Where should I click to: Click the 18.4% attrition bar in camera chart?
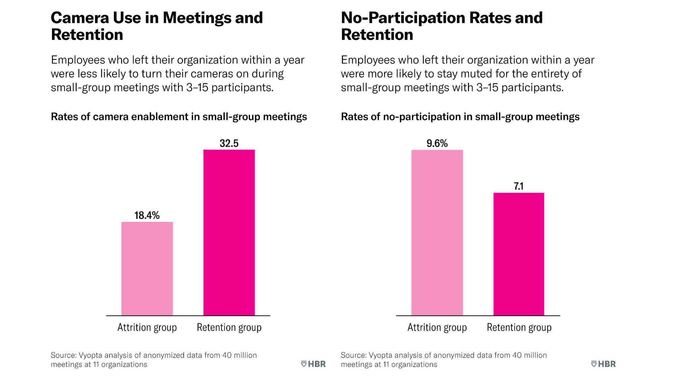(x=147, y=269)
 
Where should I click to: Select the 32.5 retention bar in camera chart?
(x=229, y=232)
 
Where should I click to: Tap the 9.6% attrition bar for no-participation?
(x=437, y=232)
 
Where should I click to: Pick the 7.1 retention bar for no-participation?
(x=519, y=254)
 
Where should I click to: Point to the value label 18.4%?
(x=147, y=215)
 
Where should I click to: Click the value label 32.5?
(x=229, y=143)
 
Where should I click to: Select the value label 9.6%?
(x=437, y=143)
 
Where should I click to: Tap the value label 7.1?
(x=519, y=186)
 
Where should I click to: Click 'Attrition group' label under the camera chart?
(x=147, y=327)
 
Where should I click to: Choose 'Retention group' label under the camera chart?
(x=229, y=327)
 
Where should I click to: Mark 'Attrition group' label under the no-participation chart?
(x=437, y=327)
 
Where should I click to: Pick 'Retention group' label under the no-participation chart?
(x=519, y=327)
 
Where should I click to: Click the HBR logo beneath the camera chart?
(x=313, y=364)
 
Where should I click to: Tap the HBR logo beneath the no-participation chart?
(x=603, y=364)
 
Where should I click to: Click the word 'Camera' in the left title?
(x=80, y=18)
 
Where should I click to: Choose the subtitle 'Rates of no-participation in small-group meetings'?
(x=460, y=117)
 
